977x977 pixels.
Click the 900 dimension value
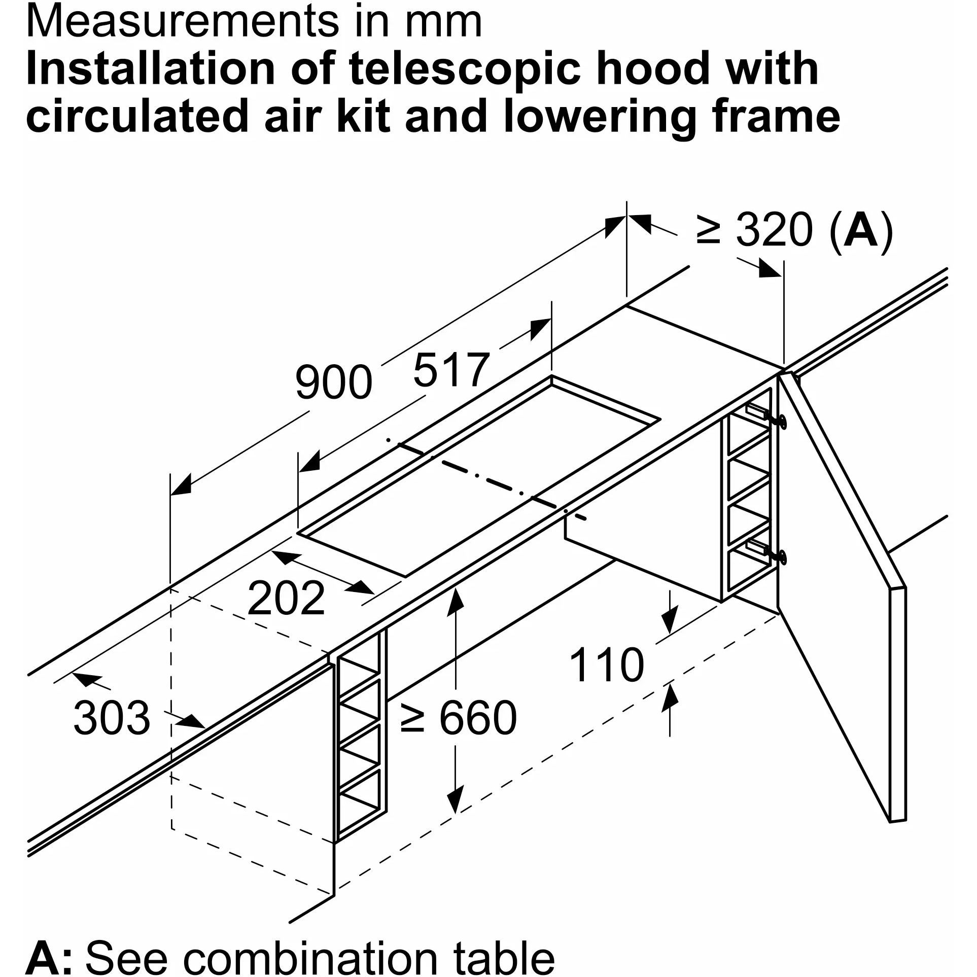(x=333, y=382)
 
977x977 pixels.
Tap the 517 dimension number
(x=451, y=371)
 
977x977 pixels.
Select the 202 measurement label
(x=286, y=599)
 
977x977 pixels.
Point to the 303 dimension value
(x=112, y=718)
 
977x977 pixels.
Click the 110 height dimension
(x=607, y=665)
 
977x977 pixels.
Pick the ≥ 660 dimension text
(x=458, y=717)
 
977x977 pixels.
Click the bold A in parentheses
(x=861, y=231)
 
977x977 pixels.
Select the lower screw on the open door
(x=782, y=556)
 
